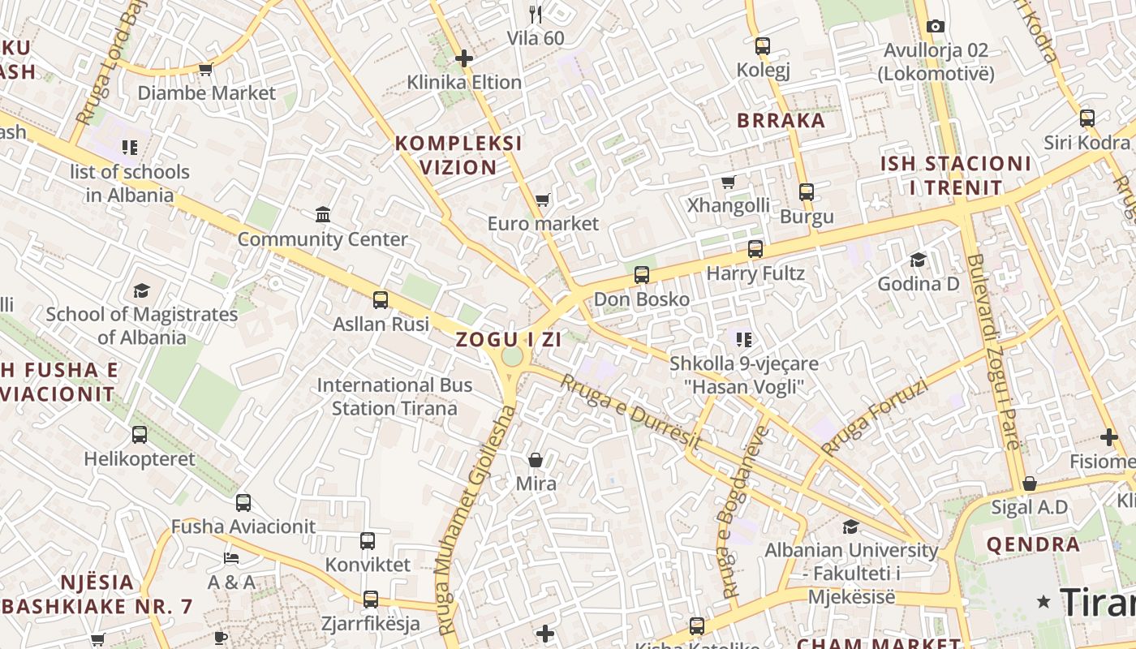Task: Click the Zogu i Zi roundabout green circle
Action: [x=512, y=357]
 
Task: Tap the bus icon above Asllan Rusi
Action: [x=380, y=300]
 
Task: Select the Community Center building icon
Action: [x=323, y=215]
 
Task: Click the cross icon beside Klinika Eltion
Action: [x=464, y=58]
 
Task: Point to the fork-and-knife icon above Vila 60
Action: [x=536, y=14]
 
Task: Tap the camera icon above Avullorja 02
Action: [x=935, y=26]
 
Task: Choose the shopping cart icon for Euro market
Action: [x=542, y=200]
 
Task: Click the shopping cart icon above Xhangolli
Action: [x=729, y=182]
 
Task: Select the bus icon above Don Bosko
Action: [x=642, y=275]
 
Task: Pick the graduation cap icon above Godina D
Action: [x=918, y=260]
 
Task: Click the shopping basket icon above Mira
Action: [x=536, y=460]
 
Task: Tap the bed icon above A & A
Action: [x=231, y=558]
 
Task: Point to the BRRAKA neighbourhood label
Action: [x=781, y=121]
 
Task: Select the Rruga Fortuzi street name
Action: [x=874, y=417]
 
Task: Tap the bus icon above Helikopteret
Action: [x=140, y=435]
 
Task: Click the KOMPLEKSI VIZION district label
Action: [x=458, y=155]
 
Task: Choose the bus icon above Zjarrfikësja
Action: [x=371, y=600]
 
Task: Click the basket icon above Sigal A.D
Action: [x=1029, y=484]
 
